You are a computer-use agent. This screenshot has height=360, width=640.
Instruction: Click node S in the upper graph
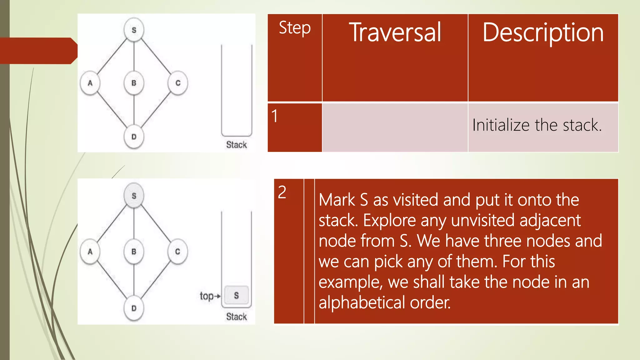point(134,30)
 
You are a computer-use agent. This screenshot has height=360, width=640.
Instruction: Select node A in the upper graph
point(90,83)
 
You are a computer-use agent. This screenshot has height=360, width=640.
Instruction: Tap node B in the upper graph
point(134,83)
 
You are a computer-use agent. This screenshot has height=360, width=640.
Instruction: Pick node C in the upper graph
point(178,83)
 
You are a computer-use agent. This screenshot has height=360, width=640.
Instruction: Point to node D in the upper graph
point(134,137)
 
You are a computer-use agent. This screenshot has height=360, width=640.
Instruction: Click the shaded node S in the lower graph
point(134,196)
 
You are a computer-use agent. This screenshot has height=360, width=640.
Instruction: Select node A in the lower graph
point(90,252)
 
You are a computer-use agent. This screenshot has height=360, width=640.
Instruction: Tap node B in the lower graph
point(134,252)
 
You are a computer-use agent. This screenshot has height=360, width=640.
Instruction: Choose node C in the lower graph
point(177,252)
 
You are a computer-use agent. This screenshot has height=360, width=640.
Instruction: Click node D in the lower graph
point(134,308)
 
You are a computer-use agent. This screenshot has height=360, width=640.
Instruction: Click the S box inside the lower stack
point(237,295)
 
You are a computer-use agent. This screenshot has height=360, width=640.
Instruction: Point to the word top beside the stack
point(207,296)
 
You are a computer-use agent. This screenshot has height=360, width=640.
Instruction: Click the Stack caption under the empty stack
point(237,145)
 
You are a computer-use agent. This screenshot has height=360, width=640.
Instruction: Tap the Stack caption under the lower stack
point(237,317)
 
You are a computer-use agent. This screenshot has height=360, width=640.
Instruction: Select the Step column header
point(295,28)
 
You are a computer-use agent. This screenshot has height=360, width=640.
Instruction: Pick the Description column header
point(543,33)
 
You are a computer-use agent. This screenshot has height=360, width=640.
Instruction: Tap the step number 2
point(282,192)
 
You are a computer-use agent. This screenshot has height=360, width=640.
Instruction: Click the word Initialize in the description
point(501,125)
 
